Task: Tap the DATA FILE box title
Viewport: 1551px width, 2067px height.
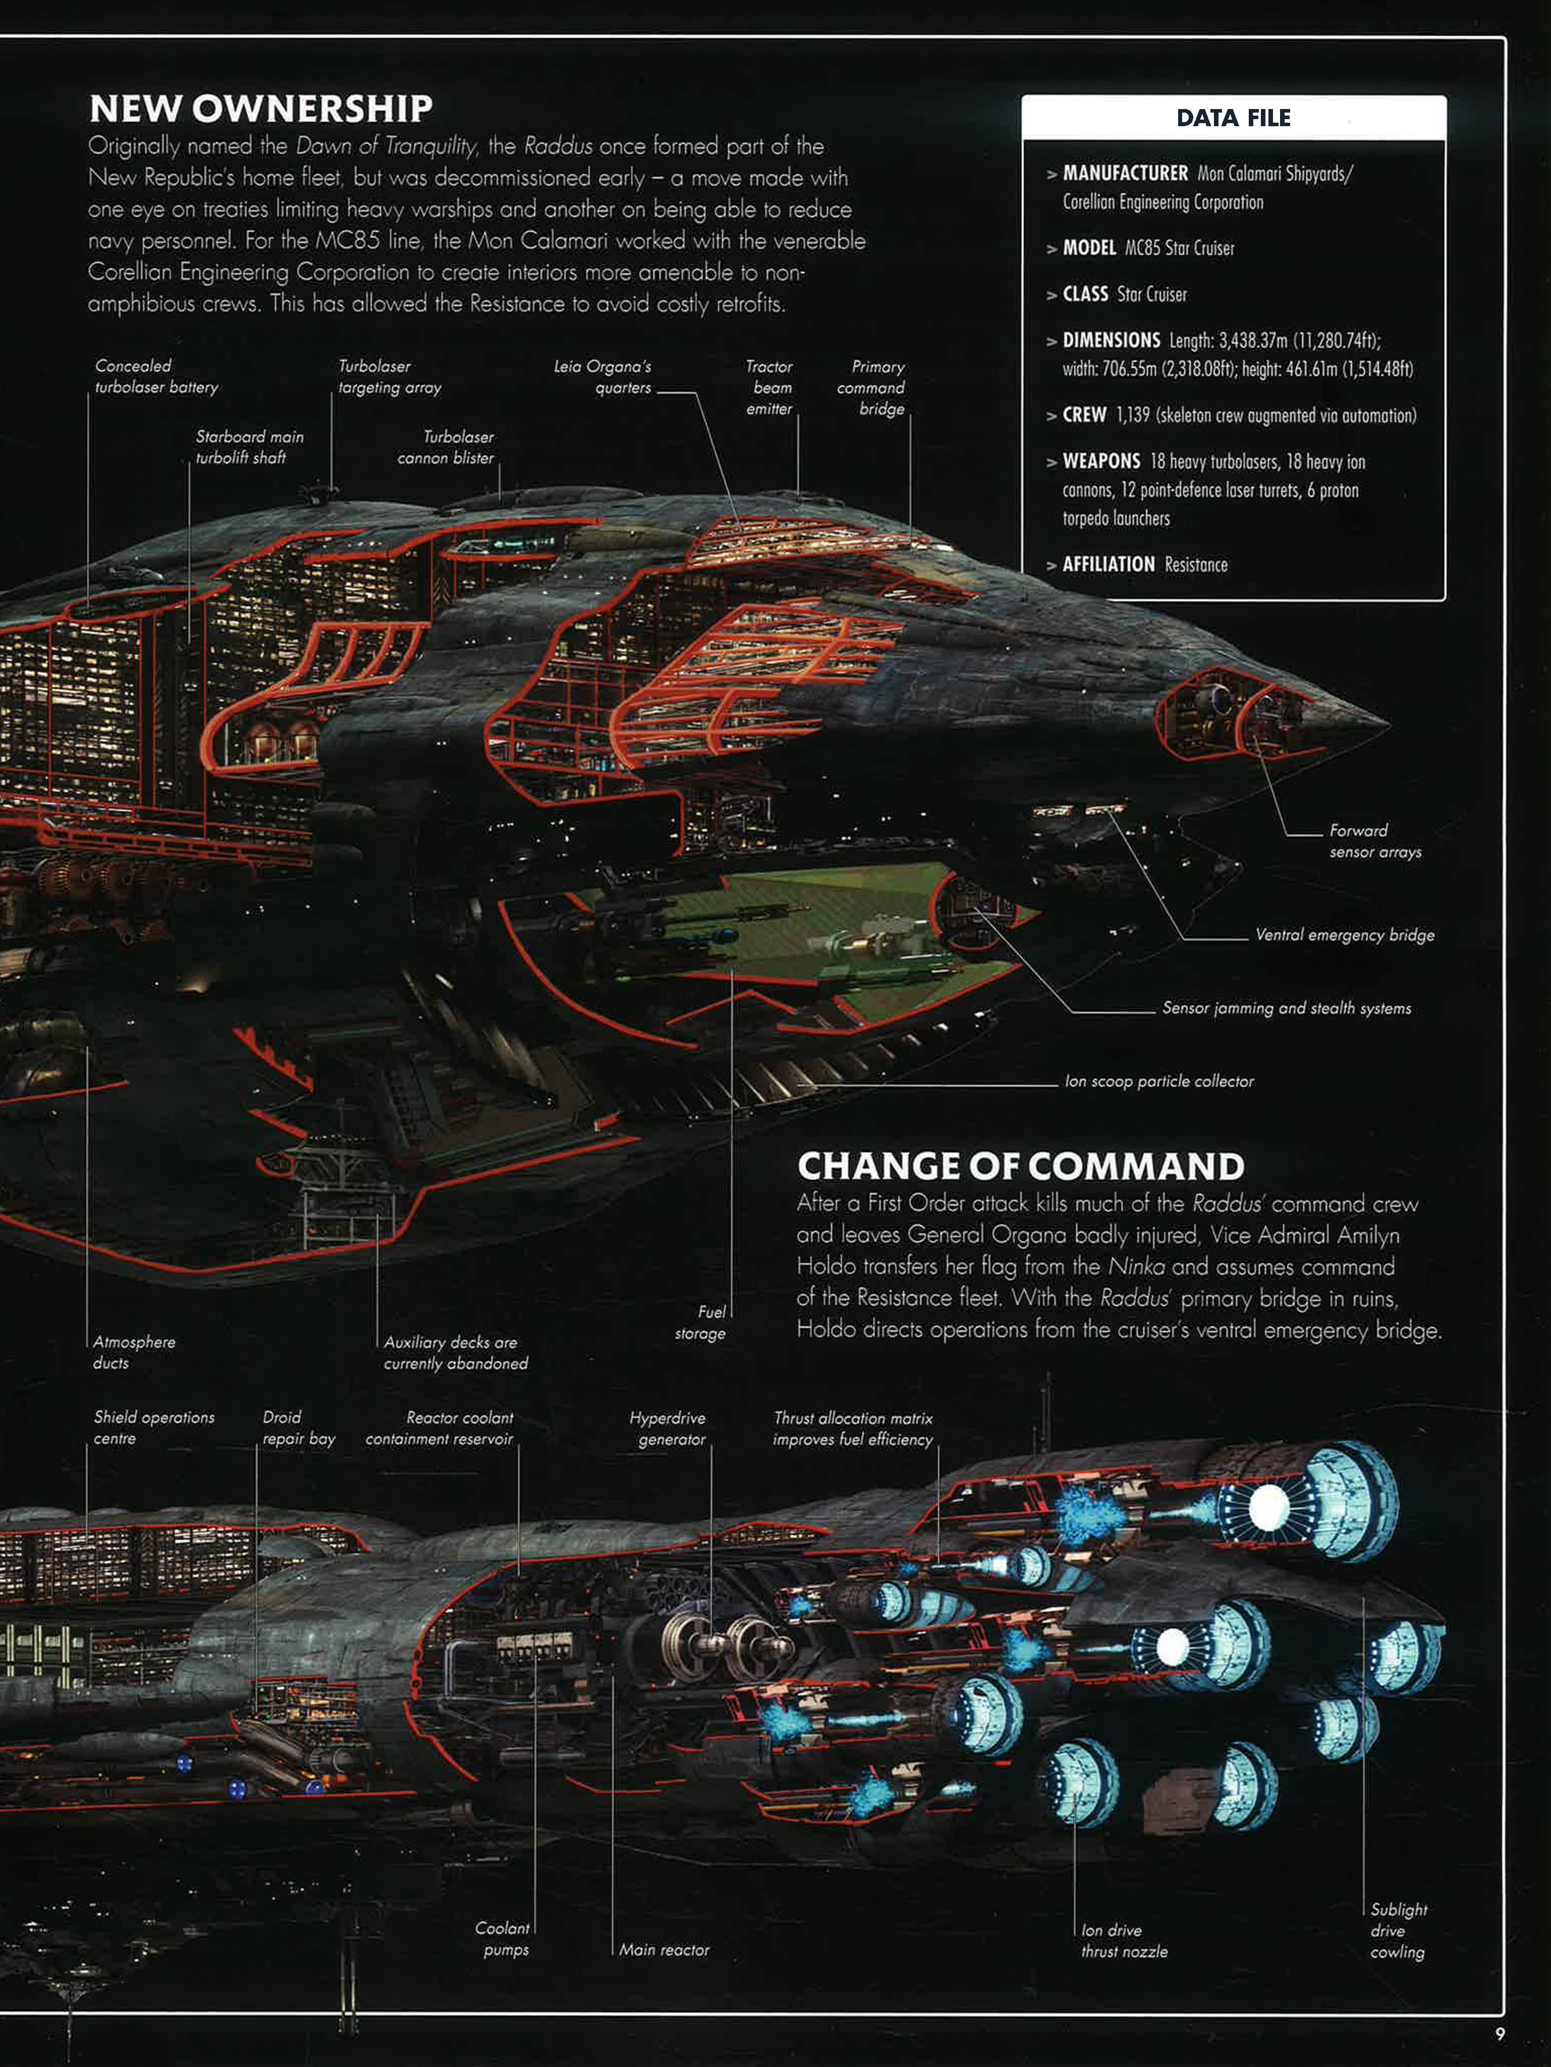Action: coord(1233,118)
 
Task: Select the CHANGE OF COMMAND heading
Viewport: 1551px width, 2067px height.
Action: coord(1020,1166)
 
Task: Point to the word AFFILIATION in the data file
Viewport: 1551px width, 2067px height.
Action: coord(1108,564)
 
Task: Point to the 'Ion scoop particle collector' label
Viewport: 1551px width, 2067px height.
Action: coord(1158,1081)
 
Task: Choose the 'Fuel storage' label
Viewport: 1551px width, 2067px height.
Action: coord(701,1323)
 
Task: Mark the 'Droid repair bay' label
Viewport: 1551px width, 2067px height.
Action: coord(298,1428)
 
